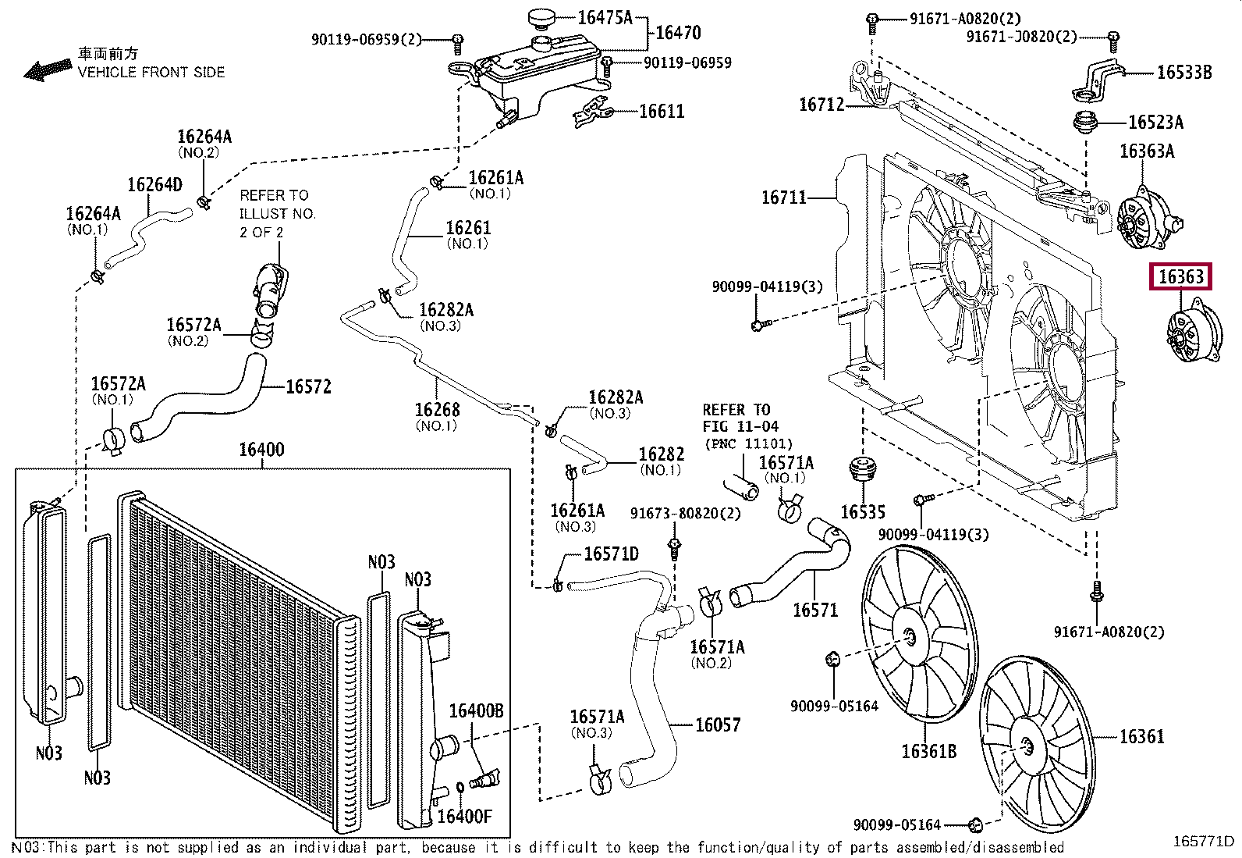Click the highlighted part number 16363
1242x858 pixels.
1180,276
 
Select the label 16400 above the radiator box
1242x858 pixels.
261,450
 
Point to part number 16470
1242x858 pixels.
677,33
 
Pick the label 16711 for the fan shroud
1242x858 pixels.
783,198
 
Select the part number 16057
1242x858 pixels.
717,724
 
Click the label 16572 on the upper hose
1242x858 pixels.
308,386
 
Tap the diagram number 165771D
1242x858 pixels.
1204,842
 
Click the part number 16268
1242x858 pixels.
437,410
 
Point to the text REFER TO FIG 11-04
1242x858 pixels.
740,418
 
